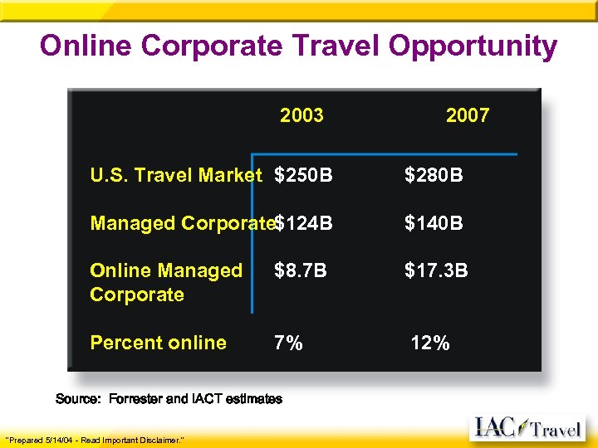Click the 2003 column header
[x=301, y=115]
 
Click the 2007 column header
[x=468, y=115]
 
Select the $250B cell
[x=303, y=176]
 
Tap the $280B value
[x=434, y=176]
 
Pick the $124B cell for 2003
[x=304, y=224]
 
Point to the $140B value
[x=434, y=224]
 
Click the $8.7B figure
[x=301, y=271]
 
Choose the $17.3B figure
[x=436, y=271]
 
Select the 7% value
[x=288, y=343]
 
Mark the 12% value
[x=430, y=343]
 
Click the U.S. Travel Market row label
[x=176, y=176]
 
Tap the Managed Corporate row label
[x=182, y=224]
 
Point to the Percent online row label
[x=158, y=343]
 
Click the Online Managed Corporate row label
[x=165, y=283]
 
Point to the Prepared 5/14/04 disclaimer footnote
[x=95, y=439]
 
